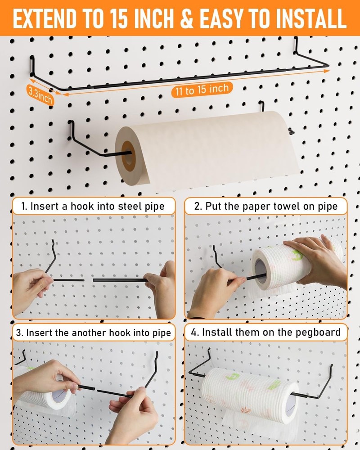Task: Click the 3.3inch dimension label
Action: point(40,94)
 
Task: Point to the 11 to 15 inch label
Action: point(202,90)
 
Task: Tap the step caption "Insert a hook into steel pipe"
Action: point(93,207)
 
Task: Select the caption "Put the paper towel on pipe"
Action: point(265,207)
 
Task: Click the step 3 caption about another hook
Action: point(93,333)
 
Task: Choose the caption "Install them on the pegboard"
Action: point(265,333)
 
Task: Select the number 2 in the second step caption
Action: point(198,207)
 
